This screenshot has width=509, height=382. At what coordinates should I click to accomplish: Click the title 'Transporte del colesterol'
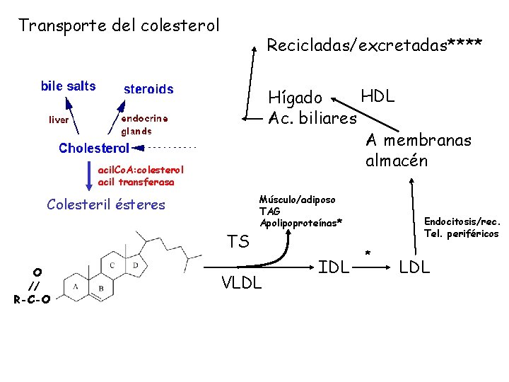[x=119, y=25]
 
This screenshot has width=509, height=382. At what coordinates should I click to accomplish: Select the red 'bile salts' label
[x=68, y=86]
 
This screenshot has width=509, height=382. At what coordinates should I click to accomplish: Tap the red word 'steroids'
[x=148, y=89]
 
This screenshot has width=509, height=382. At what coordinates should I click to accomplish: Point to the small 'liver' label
[x=59, y=120]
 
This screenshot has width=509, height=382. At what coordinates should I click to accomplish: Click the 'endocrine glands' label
[x=144, y=125]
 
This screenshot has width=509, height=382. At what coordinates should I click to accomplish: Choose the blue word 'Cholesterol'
[x=94, y=149]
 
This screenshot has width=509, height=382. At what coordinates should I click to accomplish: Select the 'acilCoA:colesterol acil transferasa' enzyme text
[x=141, y=176]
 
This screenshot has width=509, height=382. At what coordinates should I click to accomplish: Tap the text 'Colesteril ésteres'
[x=105, y=205]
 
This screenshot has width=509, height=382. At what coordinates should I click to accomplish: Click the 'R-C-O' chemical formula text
[x=32, y=299]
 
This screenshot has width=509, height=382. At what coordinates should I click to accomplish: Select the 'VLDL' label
[x=241, y=284]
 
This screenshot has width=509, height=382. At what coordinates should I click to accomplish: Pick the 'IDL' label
[x=334, y=267]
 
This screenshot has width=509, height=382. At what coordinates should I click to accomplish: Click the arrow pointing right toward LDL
[x=378, y=268]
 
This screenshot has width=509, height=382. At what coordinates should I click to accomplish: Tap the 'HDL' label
[x=378, y=96]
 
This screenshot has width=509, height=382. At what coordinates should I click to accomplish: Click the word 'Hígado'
[x=296, y=98]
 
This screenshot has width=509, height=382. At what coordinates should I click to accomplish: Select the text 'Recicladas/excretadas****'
[x=374, y=45]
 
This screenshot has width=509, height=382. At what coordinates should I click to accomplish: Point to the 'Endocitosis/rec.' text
[x=461, y=221]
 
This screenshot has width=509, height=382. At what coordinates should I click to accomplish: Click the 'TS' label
[x=238, y=242]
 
